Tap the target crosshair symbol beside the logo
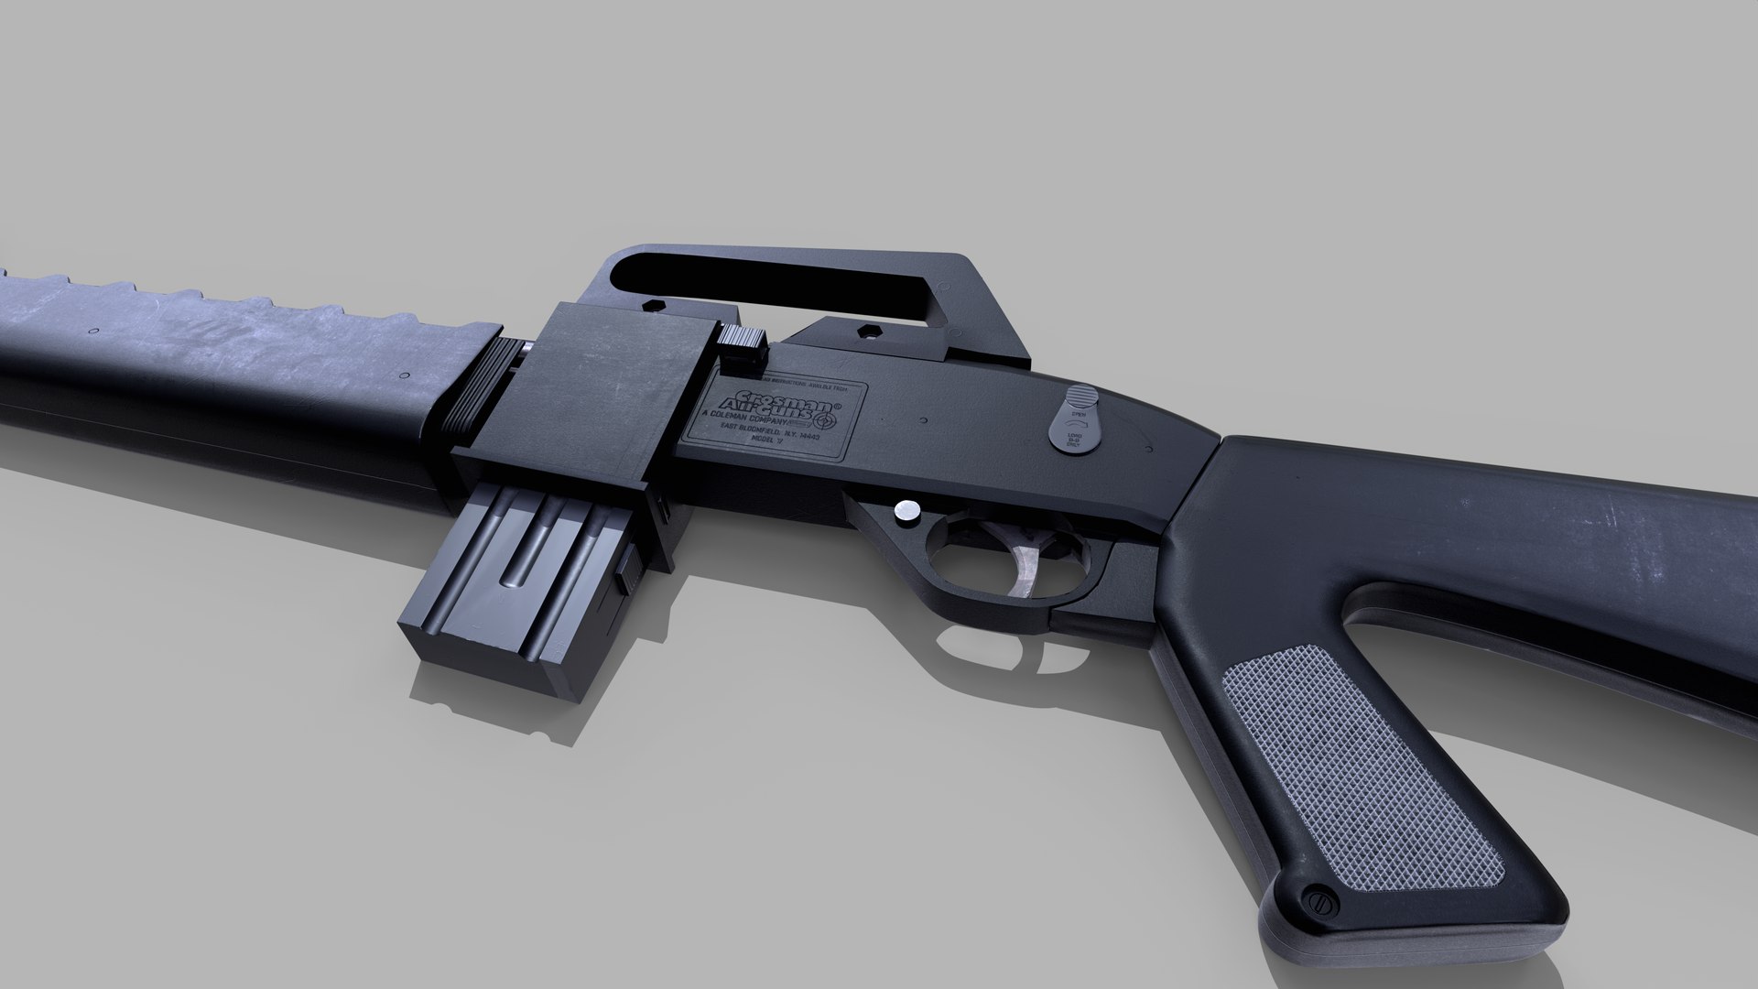825,420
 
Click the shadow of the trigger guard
998,655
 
